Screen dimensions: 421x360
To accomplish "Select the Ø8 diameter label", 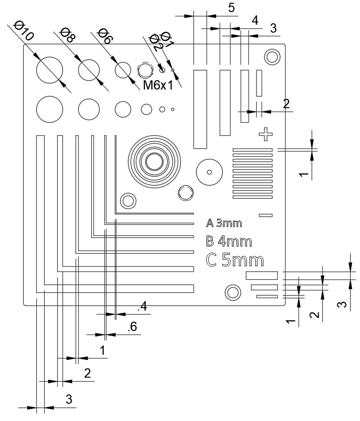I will click(68, 36).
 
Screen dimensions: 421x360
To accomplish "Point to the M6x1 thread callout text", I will click(157, 85).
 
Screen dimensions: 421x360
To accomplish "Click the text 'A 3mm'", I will click(224, 223).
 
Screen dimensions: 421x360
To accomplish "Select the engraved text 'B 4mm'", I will click(229, 242).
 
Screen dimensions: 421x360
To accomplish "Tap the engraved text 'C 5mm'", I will click(235, 260).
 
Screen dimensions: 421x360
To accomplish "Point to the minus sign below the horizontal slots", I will click(265, 215).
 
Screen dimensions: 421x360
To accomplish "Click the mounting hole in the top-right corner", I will click(272, 57).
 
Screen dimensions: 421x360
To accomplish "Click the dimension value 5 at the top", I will click(231, 8).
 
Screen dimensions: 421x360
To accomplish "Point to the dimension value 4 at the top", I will click(254, 21).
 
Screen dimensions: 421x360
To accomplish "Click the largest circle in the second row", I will click(49, 110).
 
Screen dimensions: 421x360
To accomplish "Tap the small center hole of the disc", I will click(209, 172).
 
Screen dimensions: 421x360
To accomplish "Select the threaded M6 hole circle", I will click(146, 70).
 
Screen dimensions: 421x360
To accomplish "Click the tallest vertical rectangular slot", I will click(200, 109).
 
